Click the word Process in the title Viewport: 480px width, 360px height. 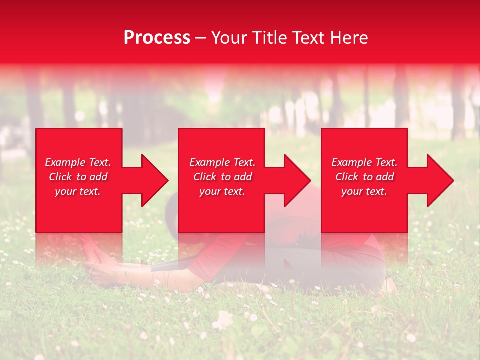[x=157, y=38]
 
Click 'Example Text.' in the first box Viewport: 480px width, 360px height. [x=78, y=162]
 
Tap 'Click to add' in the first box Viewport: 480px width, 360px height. [x=78, y=177]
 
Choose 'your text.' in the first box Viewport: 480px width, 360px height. [x=78, y=191]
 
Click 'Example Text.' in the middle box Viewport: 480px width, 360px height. [x=222, y=162]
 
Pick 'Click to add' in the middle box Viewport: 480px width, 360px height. [x=222, y=177]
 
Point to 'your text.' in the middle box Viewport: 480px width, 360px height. [x=222, y=191]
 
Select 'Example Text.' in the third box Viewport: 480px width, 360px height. [x=364, y=162]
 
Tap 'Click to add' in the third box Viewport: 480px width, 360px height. [x=364, y=177]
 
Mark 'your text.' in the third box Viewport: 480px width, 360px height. [x=364, y=191]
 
